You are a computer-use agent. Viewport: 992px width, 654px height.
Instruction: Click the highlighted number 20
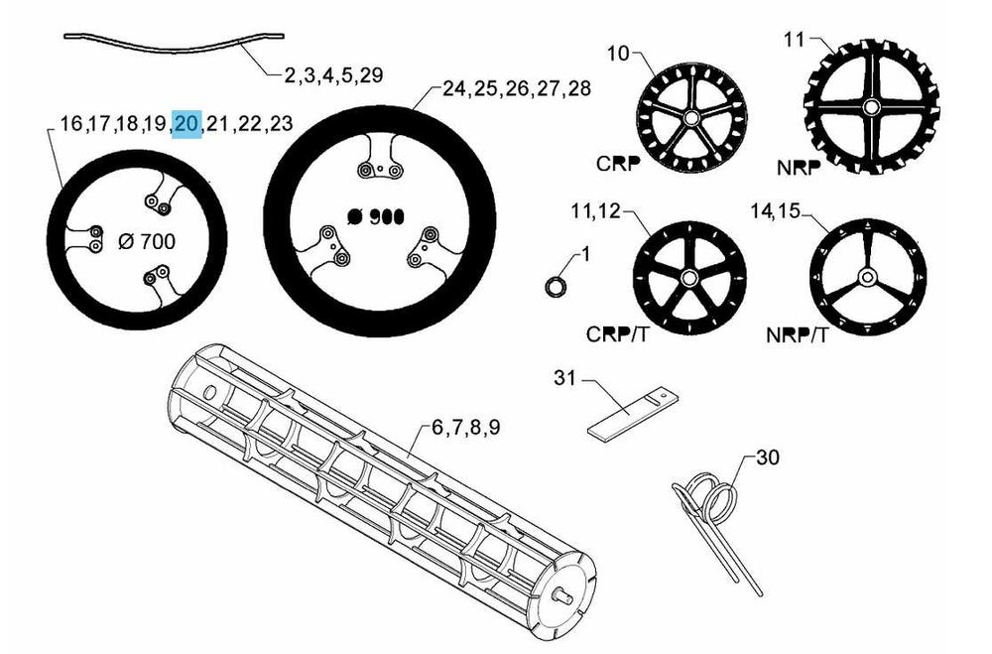[x=187, y=123]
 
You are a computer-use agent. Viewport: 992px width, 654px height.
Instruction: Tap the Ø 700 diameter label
[x=147, y=241]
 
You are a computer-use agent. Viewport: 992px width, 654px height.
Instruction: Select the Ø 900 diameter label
[x=376, y=217]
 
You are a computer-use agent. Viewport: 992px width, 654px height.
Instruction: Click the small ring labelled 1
[x=555, y=286]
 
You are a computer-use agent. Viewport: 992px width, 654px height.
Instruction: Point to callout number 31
[x=565, y=378]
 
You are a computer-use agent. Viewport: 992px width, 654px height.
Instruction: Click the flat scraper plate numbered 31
[x=634, y=413]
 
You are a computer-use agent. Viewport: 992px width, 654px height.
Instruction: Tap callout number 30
[x=768, y=458]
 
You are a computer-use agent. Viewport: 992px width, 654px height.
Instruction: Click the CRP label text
[x=618, y=164]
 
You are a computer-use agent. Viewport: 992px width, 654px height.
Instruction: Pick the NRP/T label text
[x=797, y=334]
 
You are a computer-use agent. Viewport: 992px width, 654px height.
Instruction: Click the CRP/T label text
[x=617, y=334]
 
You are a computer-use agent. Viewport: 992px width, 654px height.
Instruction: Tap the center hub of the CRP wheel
[x=690, y=118]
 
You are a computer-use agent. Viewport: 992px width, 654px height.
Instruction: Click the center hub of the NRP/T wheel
[x=867, y=276]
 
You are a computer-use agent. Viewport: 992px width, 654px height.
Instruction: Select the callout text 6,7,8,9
[x=465, y=428]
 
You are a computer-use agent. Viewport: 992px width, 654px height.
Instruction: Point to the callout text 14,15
[x=775, y=210]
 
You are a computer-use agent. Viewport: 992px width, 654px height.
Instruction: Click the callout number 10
[x=618, y=54]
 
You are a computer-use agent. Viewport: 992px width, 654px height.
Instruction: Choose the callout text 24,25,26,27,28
[x=516, y=88]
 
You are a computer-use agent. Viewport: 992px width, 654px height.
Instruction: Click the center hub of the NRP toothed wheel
[x=871, y=106]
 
